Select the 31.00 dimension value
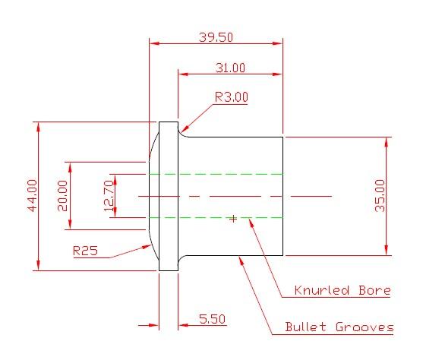(229, 68)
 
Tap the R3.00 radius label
(231, 97)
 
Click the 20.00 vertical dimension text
(62, 195)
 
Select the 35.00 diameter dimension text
(380, 195)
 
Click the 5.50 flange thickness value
(212, 320)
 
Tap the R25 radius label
(85, 251)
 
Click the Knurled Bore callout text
(342, 290)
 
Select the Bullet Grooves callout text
(339, 327)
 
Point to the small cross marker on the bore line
(233, 219)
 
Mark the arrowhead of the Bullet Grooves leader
(241, 259)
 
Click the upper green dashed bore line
(216, 174)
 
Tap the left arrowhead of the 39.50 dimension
(153, 44)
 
